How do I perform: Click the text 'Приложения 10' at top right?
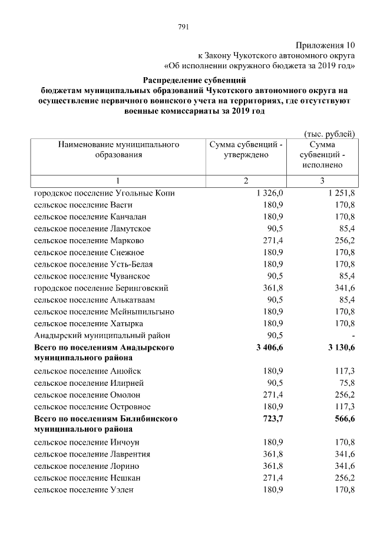(326, 45)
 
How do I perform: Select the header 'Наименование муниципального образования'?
(118, 149)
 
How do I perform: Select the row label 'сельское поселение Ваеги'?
(83, 205)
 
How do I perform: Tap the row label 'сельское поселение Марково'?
(89, 241)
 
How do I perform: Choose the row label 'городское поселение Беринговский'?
(101, 288)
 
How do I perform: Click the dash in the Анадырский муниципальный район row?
(353, 336)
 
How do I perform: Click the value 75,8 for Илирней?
(345, 383)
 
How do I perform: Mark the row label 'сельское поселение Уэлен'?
(84, 489)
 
